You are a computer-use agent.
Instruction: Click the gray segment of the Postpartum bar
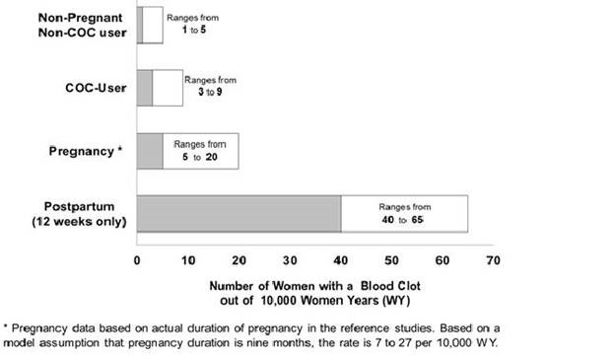pyautogui.click(x=239, y=214)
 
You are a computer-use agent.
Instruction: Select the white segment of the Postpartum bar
pyautogui.click(x=404, y=214)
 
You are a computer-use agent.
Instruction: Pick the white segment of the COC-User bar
pyautogui.click(x=168, y=88)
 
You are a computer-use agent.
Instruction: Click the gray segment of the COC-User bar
pyautogui.click(x=145, y=88)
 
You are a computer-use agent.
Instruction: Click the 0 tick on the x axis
pyautogui.click(x=137, y=261)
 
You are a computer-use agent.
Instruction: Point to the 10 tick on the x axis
pyautogui.click(x=188, y=261)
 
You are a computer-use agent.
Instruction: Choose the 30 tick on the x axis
pyautogui.click(x=290, y=261)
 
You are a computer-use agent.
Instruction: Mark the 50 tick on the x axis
pyautogui.click(x=392, y=261)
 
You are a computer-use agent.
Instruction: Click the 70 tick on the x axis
pyautogui.click(x=494, y=261)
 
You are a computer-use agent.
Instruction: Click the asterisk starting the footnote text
pyautogui.click(x=6, y=325)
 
